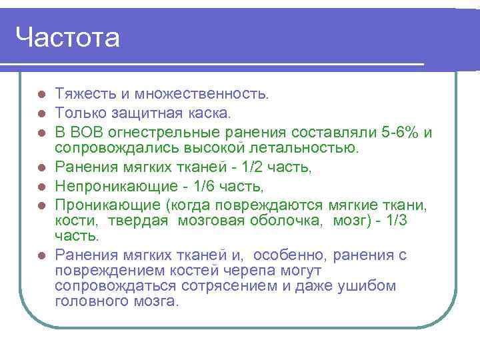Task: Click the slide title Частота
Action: coord(67,37)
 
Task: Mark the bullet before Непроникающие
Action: coord(41,183)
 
